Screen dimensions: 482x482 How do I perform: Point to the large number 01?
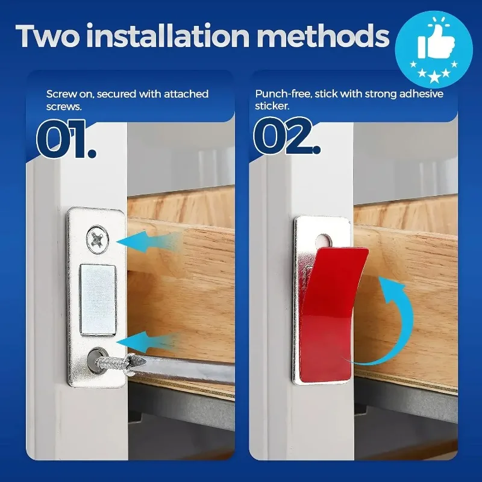coord(66,139)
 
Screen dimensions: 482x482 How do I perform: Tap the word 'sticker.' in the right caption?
coord(272,105)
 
